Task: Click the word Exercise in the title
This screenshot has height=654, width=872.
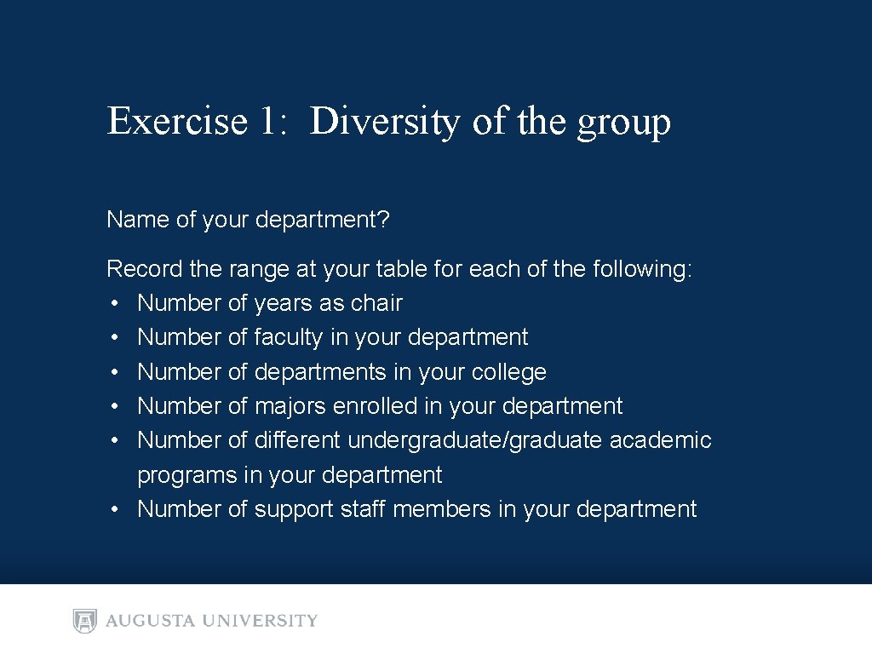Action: tap(176, 121)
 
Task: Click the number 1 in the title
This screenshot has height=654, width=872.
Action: tap(267, 121)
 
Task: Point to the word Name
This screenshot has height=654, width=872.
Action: tap(138, 220)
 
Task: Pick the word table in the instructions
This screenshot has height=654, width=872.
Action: tap(399, 269)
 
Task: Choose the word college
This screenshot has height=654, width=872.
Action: tap(508, 372)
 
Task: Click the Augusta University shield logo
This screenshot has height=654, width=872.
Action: tap(85, 621)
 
